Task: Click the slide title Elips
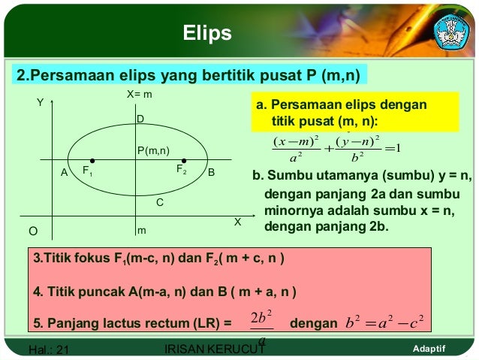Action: click(208, 33)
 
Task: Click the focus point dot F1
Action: click(92, 160)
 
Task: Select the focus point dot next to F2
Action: click(185, 160)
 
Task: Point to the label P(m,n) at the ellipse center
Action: click(153, 150)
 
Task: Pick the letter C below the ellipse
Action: click(159, 203)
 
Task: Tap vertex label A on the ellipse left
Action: click(65, 173)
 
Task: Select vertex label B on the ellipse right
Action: click(211, 172)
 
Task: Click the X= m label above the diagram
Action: click(140, 96)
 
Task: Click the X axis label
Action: click(237, 222)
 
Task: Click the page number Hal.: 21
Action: click(48, 349)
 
